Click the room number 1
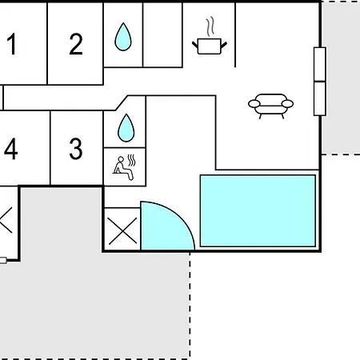[x=12, y=44]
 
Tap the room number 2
[x=76, y=44]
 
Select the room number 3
[x=76, y=149]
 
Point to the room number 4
[x=11, y=149]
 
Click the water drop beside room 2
[x=123, y=37]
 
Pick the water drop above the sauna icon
[x=126, y=128]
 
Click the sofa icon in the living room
[x=270, y=106]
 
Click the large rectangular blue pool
[x=258, y=210]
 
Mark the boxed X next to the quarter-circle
[x=122, y=230]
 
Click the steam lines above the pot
[x=210, y=26]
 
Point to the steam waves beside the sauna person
[x=131, y=161]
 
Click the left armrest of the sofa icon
[x=254, y=103]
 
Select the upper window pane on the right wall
[x=320, y=64]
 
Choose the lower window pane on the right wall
[x=320, y=98]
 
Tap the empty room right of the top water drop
[x=162, y=34]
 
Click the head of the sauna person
[x=121, y=159]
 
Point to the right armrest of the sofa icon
[x=287, y=103]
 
